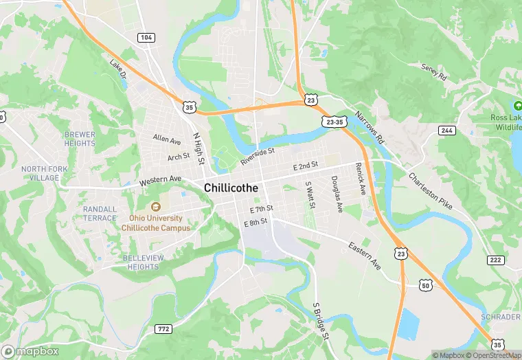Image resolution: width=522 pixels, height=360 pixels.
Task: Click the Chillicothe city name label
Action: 230,188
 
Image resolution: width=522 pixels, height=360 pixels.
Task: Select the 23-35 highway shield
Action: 334,121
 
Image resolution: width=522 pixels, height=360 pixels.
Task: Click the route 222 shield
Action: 495,260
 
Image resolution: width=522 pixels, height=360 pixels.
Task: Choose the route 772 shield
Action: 163,329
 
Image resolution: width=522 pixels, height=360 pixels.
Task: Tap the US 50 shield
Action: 426,284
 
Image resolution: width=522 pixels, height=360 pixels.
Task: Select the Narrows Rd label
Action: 370,128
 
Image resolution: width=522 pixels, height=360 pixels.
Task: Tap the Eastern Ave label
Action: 364,255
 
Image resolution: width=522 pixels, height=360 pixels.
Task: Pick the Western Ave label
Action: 160,181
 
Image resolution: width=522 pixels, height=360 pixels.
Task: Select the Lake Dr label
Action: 118,69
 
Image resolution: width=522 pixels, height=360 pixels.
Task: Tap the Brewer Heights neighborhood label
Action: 80,139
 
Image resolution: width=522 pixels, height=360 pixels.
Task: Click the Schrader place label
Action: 499,317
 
